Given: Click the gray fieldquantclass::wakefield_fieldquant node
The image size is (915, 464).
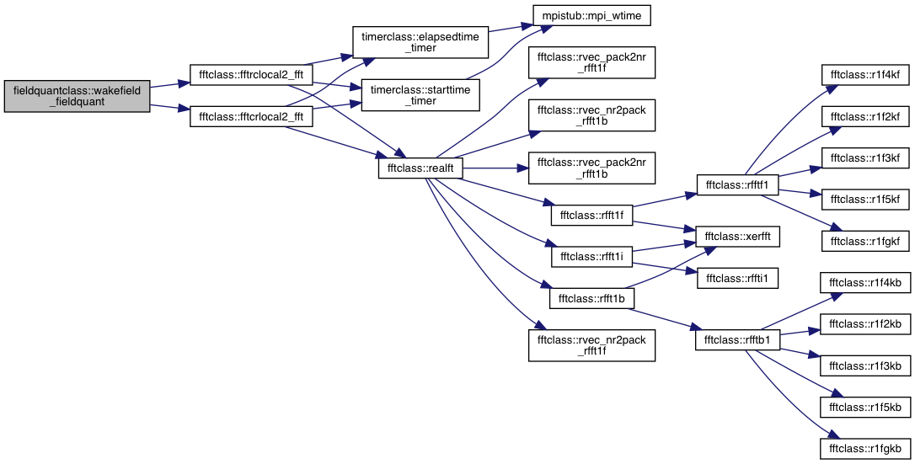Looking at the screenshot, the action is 77,96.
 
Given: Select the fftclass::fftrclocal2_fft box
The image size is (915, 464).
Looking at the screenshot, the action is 251,75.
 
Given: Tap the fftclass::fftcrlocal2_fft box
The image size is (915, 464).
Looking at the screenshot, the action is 251,116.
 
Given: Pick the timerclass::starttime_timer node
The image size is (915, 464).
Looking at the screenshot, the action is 420,96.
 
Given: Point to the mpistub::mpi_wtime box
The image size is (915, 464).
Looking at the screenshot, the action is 591,16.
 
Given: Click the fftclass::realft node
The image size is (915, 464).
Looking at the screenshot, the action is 420,168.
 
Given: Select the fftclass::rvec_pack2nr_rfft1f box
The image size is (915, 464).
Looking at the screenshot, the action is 591,63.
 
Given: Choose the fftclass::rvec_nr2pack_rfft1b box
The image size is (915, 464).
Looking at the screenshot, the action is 591,115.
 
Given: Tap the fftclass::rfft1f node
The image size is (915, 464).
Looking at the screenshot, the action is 591,216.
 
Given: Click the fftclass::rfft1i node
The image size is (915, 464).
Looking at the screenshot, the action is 591,257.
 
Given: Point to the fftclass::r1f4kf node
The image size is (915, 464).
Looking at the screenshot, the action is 865,75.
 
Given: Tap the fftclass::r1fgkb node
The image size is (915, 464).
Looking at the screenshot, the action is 865,449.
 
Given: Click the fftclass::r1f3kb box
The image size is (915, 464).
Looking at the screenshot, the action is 865,366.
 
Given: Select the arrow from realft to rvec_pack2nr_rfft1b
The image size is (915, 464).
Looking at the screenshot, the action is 495,168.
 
